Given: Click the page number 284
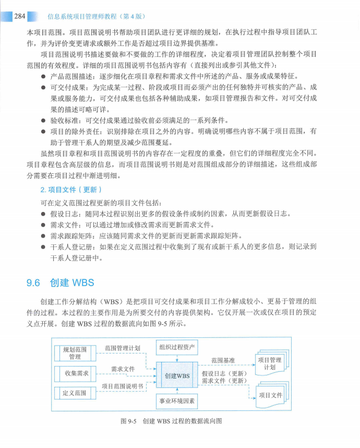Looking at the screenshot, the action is [x=19, y=16].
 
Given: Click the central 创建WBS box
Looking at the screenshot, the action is [x=177, y=376].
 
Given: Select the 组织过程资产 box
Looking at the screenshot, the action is [x=177, y=347].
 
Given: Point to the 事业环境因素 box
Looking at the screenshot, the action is [x=177, y=402].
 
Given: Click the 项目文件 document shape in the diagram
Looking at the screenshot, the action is [x=271, y=395].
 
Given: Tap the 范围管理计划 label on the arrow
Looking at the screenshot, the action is [x=122, y=348].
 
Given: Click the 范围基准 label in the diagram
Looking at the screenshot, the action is [x=223, y=360].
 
